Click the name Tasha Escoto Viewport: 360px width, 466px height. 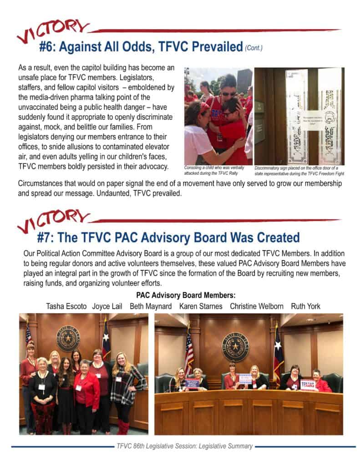click(66, 306)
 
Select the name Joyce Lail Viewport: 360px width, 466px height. click(107, 306)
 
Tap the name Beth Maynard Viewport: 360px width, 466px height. click(151, 306)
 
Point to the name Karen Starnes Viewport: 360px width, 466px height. click(201, 306)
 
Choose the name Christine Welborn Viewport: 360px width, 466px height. click(257, 306)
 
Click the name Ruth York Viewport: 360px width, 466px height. click(305, 306)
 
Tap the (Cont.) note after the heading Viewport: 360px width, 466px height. click(254, 48)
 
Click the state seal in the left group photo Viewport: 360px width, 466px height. click(68, 339)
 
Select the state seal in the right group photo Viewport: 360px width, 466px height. click(235, 347)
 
